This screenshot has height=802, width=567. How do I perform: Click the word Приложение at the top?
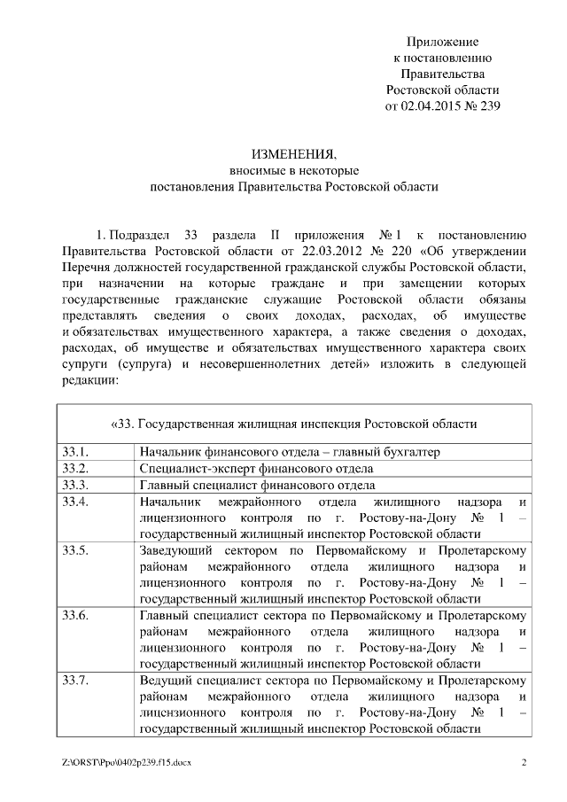pos(442,42)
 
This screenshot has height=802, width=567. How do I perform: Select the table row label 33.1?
pos(75,451)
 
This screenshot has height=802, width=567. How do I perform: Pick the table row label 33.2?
pos(75,468)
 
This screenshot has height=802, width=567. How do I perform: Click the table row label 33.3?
pos(75,485)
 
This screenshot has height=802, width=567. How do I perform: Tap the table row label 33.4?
pos(75,502)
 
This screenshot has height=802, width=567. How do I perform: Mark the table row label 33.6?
pos(75,615)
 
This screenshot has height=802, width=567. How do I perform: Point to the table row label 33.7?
pos(75,680)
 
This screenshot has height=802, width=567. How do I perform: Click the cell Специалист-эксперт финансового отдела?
pos(256,468)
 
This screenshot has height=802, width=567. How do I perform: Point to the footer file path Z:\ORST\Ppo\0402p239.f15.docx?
pos(128,762)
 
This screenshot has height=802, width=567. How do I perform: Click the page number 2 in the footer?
pos(524,762)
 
